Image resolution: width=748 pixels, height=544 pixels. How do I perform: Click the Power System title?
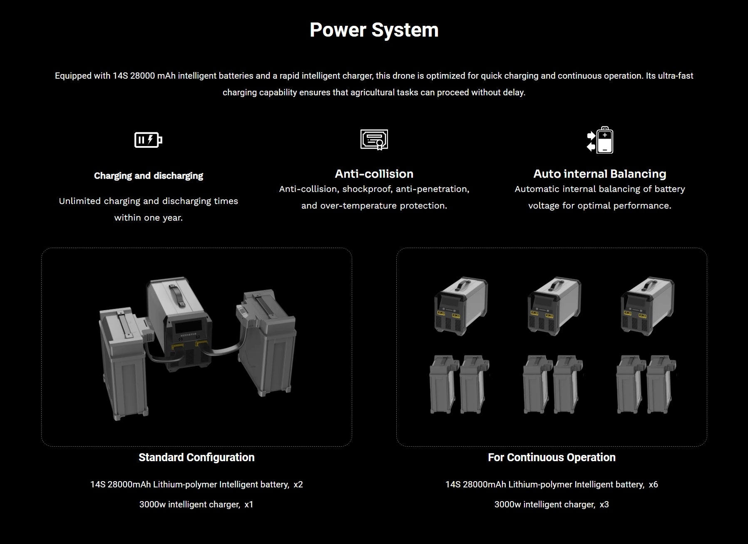pos(374,30)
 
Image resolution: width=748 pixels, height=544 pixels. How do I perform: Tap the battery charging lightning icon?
pos(148,140)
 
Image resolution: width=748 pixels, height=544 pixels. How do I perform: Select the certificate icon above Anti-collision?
pos(374,139)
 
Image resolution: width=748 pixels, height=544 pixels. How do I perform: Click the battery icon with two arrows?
pos(600,140)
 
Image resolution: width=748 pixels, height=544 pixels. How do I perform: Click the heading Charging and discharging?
pos(149,176)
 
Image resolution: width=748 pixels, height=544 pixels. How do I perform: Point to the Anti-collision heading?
pos(374,174)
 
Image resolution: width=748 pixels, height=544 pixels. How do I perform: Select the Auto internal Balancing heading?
pos(599,174)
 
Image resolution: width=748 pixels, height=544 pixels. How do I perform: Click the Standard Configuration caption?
pos(196,457)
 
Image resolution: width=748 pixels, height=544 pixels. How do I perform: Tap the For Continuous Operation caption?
pos(552,457)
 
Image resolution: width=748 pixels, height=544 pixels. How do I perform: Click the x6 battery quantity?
pos(653,484)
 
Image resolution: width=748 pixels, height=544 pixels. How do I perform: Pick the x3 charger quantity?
pos(604,504)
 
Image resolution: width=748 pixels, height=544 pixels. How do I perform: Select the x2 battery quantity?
pos(298,484)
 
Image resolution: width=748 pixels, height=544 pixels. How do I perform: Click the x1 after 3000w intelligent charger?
pos(249,504)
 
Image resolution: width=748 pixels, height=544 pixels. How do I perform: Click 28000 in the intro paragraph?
pos(143,76)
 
